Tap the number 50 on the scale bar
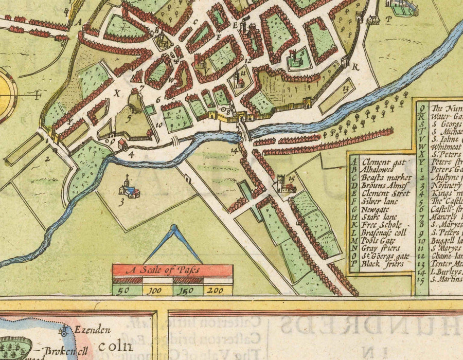click(x=123, y=291)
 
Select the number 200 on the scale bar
click(x=213, y=291)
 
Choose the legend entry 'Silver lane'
click(x=381, y=202)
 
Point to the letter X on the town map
click(x=117, y=94)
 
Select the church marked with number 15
click(x=282, y=184)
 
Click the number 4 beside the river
click(x=131, y=153)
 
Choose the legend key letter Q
click(x=422, y=108)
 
